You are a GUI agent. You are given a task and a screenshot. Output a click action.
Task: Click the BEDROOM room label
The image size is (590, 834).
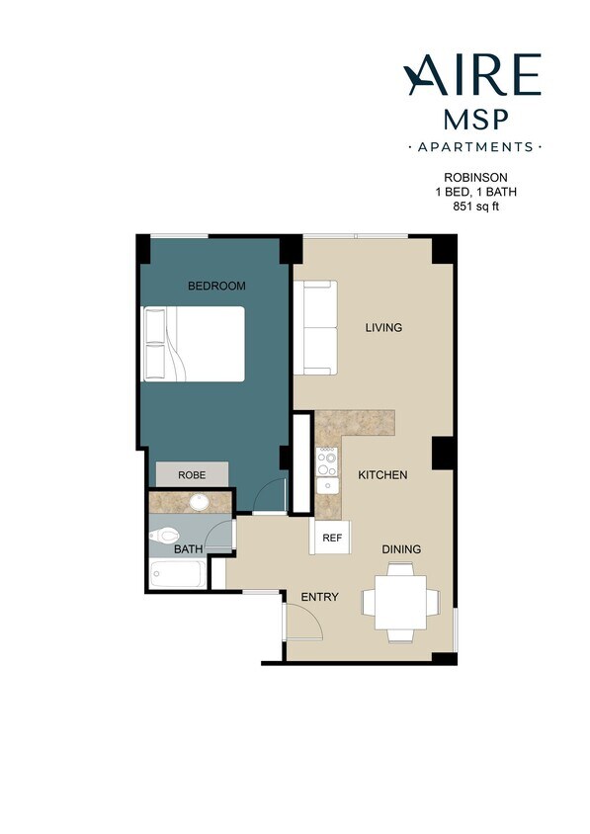pyautogui.click(x=216, y=286)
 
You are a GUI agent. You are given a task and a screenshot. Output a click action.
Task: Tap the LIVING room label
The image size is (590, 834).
pyautogui.click(x=383, y=327)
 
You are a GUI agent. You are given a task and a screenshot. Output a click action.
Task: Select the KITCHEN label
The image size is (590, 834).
pyautogui.click(x=382, y=475)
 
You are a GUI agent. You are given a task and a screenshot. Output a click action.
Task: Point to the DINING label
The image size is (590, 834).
pyautogui.click(x=401, y=549)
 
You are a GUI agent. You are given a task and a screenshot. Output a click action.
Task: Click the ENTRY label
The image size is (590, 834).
pyautogui.click(x=319, y=597)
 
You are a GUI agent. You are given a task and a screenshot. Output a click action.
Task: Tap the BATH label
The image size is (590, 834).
pyautogui.click(x=188, y=548)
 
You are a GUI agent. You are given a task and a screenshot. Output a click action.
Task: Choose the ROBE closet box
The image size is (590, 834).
pyautogui.click(x=192, y=474)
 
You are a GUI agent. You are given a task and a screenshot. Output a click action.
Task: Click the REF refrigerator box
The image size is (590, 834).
pyautogui.click(x=331, y=539)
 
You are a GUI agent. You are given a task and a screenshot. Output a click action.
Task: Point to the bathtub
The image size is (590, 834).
pyautogui.click(x=178, y=574)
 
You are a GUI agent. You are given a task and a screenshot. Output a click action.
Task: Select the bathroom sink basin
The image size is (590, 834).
pyautogui.click(x=198, y=502)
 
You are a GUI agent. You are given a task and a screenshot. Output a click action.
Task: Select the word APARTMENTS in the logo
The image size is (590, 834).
pyautogui.click(x=474, y=147)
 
